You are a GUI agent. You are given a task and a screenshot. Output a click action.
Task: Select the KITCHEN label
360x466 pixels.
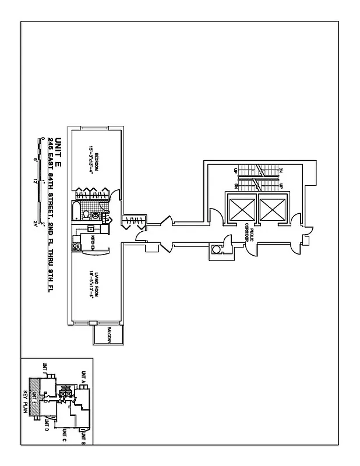pos(92,241)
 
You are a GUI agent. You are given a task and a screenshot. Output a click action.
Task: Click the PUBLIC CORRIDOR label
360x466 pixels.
pos(250,232)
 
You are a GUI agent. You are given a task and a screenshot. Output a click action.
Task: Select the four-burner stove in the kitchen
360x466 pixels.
pos(76,246)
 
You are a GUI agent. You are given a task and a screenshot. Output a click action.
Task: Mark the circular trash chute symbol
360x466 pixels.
pos(217,250)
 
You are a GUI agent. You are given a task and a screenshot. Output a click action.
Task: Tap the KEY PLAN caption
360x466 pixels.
pos(26,403)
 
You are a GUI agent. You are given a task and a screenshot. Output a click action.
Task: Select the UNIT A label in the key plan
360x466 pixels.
pos(84,379)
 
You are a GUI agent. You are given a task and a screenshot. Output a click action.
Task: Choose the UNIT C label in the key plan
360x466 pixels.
pos(64,436)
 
